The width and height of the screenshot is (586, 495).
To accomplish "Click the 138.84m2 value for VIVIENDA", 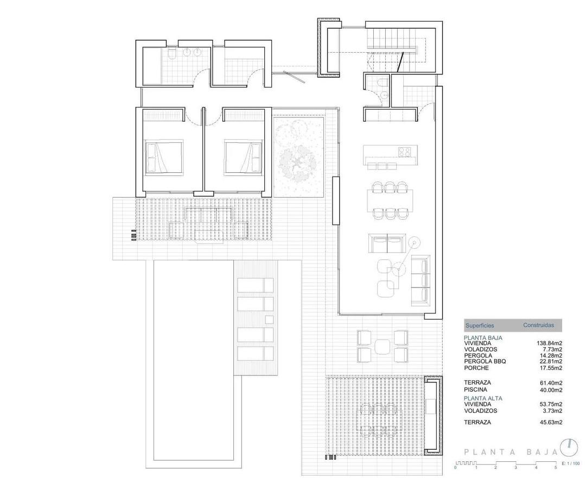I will [549, 343].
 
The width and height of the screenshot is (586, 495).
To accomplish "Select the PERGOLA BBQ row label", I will [485, 361].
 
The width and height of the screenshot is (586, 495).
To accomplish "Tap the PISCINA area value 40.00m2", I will [551, 390].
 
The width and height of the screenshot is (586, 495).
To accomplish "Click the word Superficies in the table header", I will [480, 325].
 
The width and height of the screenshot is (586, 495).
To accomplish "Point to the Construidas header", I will [538, 325].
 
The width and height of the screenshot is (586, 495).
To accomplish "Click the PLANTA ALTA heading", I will [483, 398].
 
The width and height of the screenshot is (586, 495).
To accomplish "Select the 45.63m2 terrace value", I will [551, 422].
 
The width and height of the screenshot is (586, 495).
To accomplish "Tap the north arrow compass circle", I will [569, 447].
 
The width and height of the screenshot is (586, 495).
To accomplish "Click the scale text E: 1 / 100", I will [570, 463].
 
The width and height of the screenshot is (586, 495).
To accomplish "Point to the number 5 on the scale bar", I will [555, 467].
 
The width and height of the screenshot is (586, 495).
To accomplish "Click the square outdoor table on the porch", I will [383, 346].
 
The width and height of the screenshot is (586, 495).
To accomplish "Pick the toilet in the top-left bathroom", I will [171, 54].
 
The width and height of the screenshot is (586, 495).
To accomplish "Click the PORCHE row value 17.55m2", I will [551, 368].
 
